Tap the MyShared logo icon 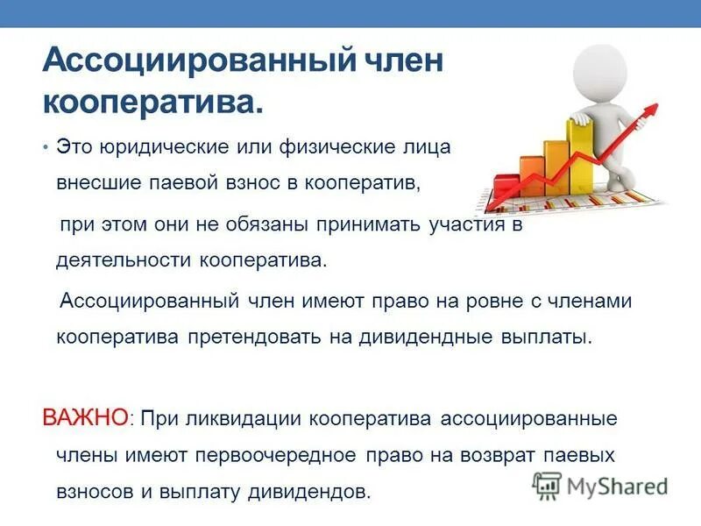pyautogui.click(x=547, y=485)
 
